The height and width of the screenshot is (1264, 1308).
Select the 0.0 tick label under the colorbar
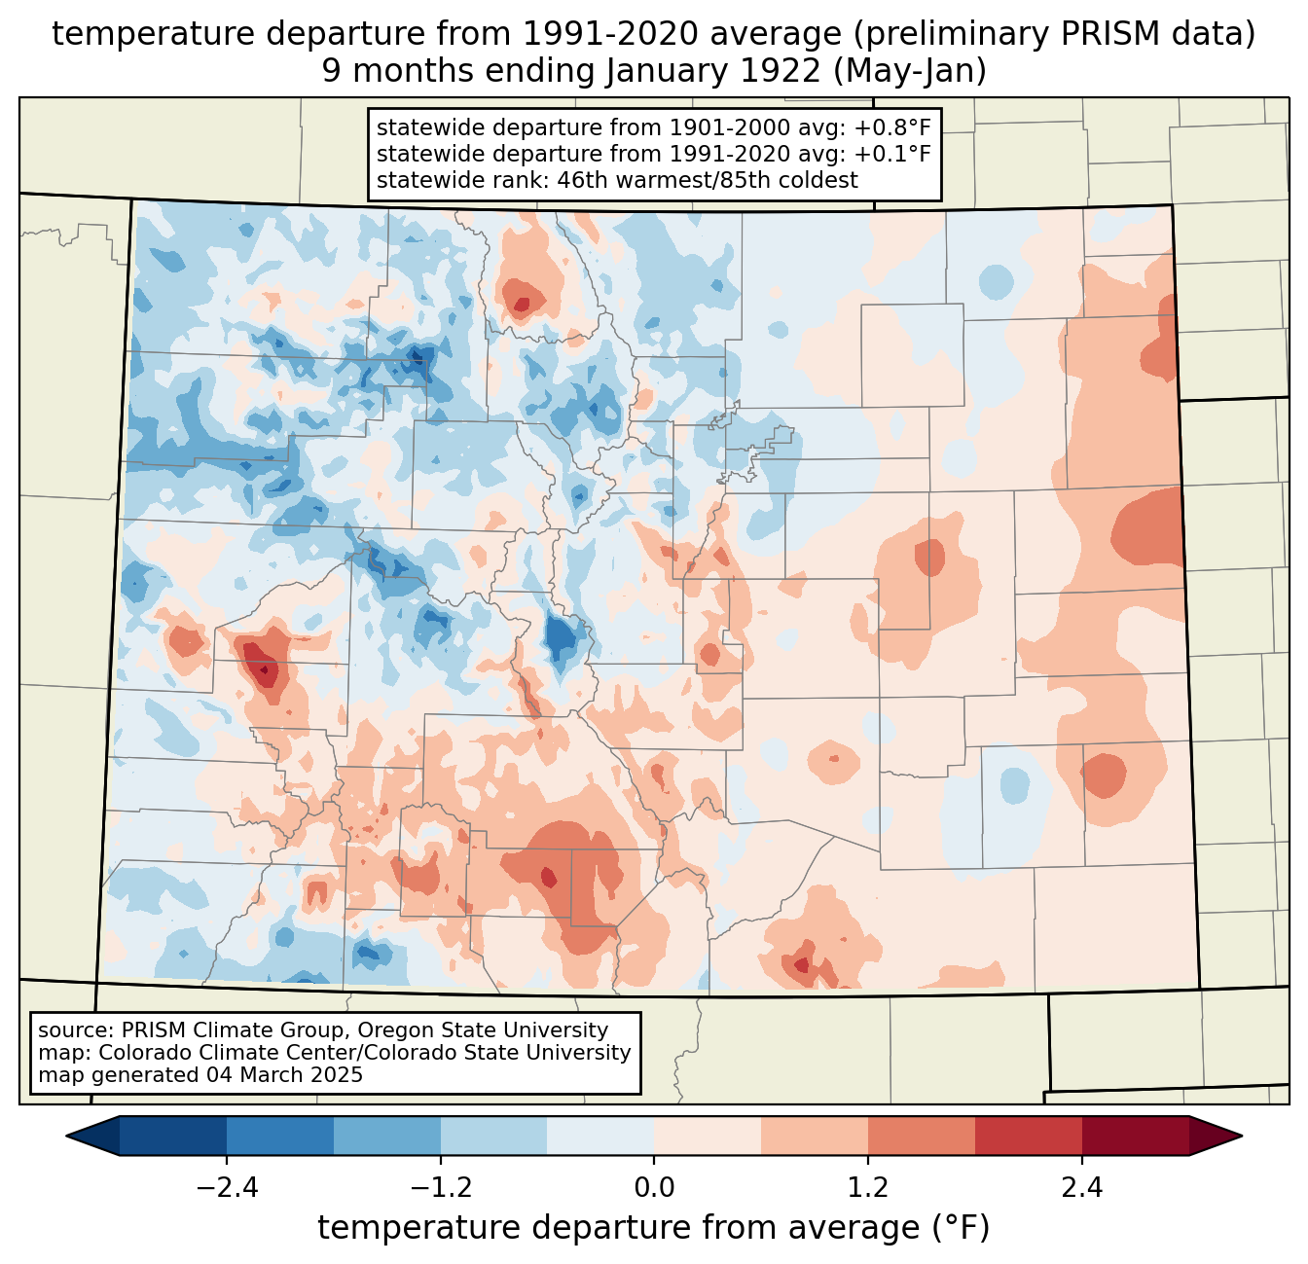[x=654, y=1188]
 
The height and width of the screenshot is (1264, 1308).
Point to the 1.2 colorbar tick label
[x=868, y=1188]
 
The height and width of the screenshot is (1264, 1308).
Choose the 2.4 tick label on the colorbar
[x=1082, y=1188]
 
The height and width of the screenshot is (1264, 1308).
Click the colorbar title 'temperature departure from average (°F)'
[x=654, y=1228]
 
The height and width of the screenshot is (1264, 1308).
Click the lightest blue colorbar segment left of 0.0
[x=600, y=1136]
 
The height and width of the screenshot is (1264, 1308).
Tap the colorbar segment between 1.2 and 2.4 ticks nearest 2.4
[x=1029, y=1136]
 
